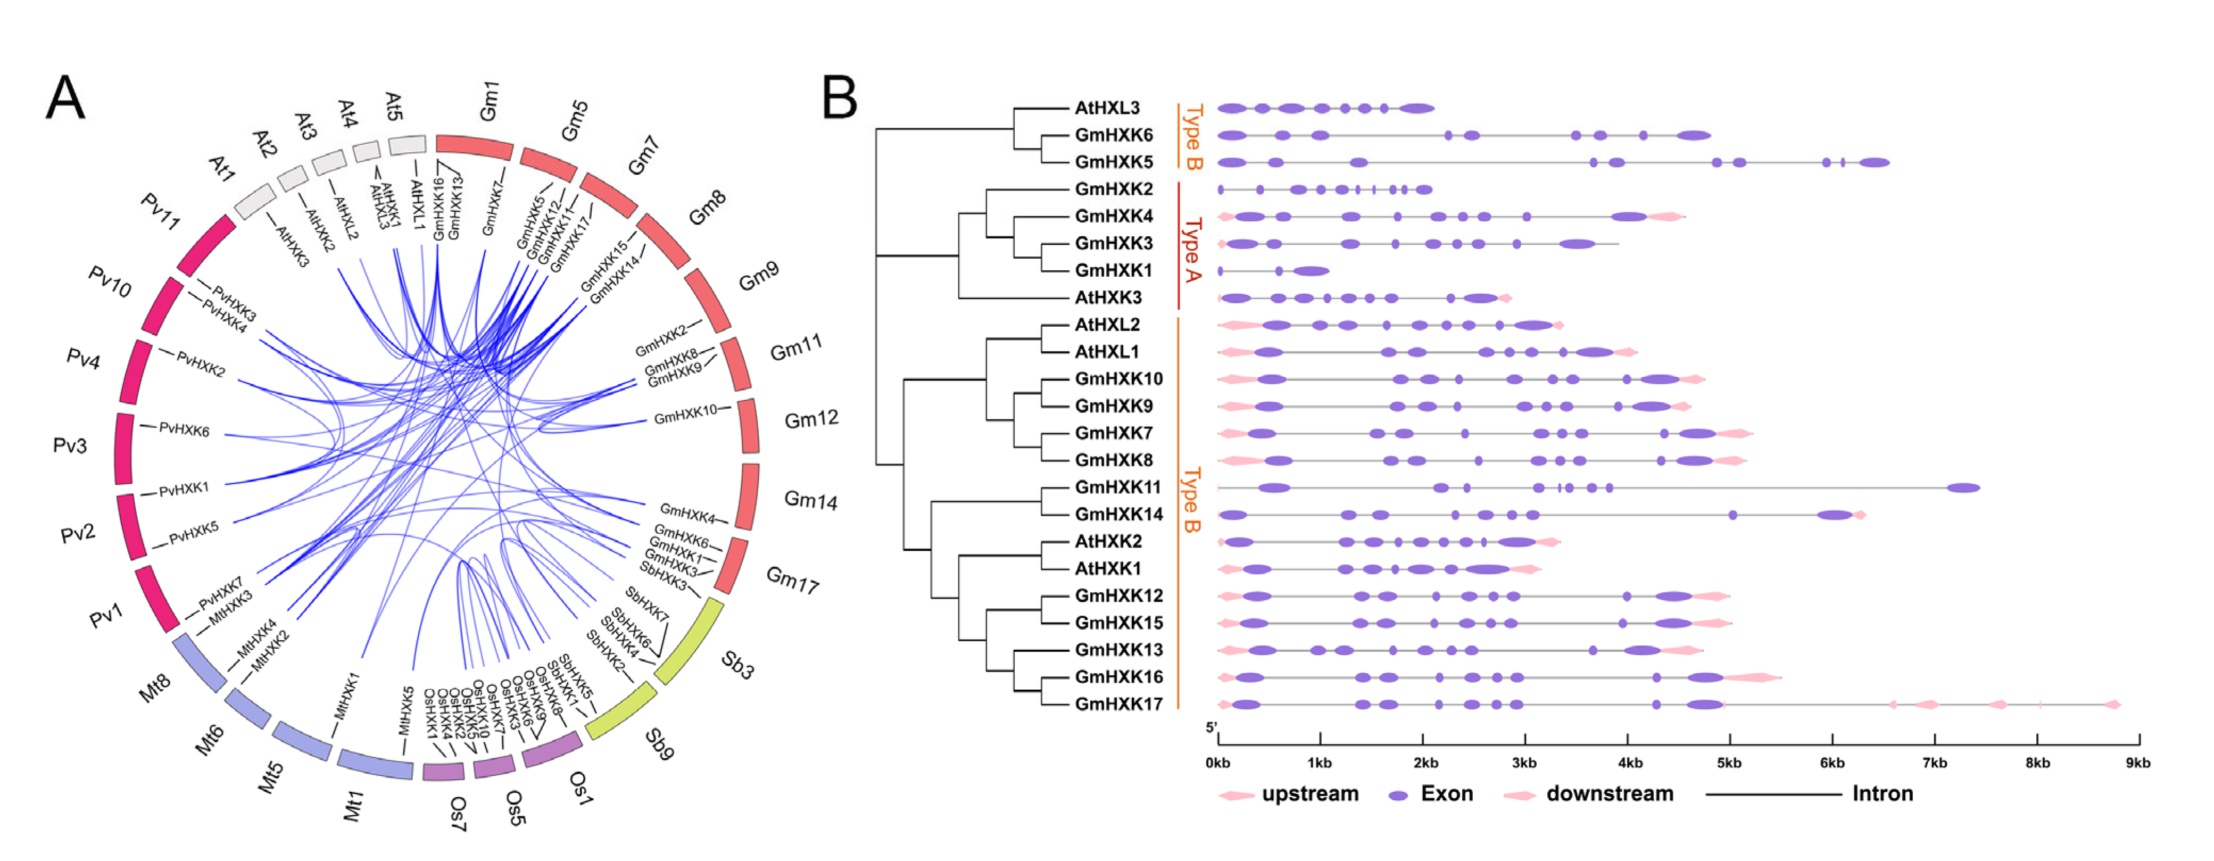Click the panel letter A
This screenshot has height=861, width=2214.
point(65,98)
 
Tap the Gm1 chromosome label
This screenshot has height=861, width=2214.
point(488,102)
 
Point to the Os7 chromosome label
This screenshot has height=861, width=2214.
point(458,813)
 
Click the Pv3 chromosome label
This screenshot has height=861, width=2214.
point(70,445)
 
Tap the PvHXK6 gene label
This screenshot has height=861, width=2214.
point(184,429)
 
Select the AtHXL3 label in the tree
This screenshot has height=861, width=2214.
point(1107,108)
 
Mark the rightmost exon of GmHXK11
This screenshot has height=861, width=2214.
point(1963,488)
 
